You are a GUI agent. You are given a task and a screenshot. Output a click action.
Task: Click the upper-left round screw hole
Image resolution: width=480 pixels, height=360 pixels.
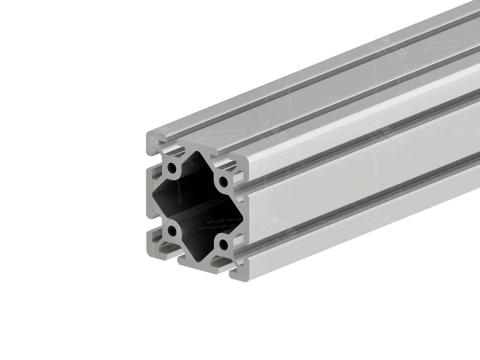[172, 167]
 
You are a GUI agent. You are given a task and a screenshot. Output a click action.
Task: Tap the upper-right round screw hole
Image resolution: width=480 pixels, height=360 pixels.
[223, 181]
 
